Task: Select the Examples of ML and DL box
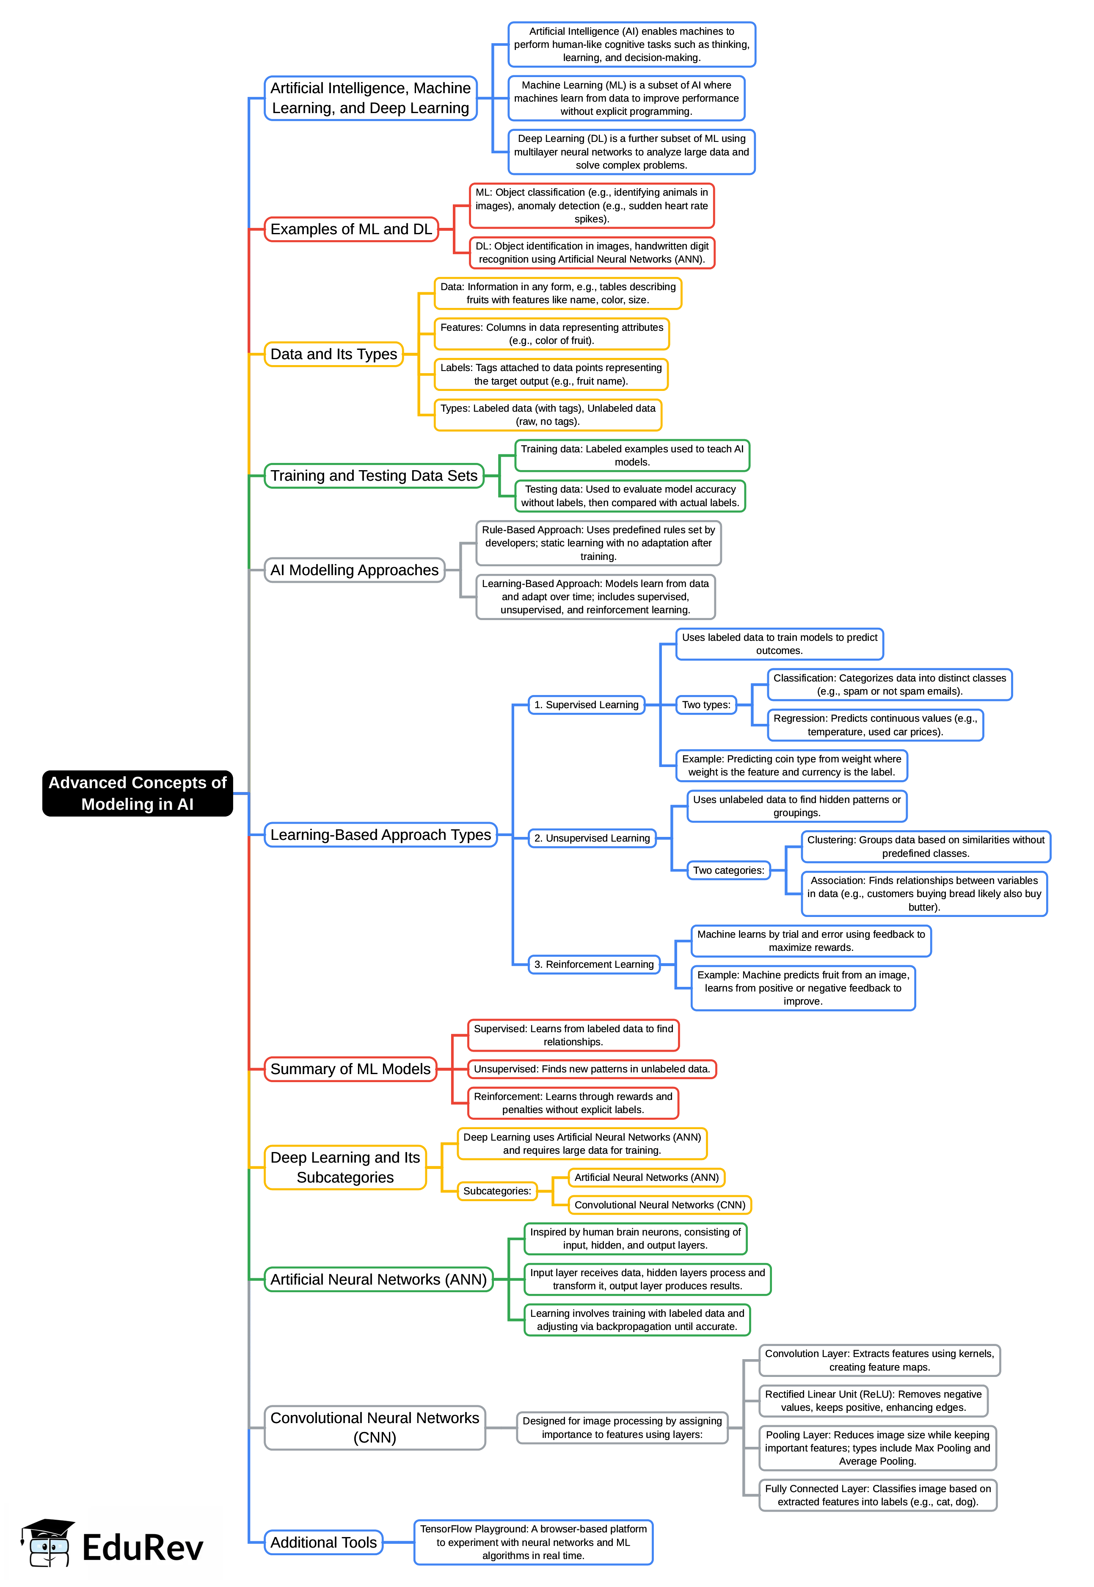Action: (351, 229)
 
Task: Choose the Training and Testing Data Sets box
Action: (374, 475)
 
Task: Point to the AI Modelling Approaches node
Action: (354, 570)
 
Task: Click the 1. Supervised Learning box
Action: (586, 704)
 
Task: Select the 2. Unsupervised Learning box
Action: (592, 838)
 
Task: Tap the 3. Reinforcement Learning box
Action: (594, 964)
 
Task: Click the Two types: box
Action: (706, 704)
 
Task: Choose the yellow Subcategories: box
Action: (497, 1191)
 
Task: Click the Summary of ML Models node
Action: (350, 1069)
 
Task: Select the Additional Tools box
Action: (323, 1543)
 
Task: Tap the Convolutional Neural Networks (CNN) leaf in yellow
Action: (659, 1204)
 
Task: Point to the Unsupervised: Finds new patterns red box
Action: (592, 1069)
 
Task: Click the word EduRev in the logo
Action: (143, 1548)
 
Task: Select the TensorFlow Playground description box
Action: (533, 1543)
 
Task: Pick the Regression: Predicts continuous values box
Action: (875, 725)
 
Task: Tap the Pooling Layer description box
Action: (877, 1448)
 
